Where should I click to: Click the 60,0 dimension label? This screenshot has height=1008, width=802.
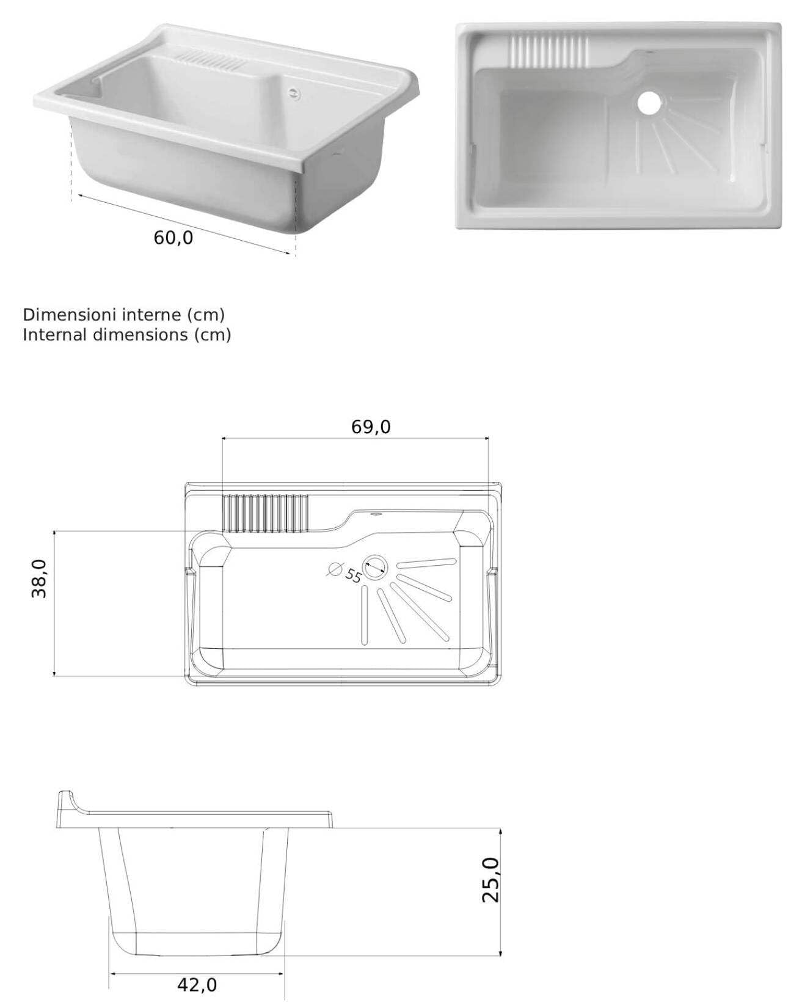tap(173, 238)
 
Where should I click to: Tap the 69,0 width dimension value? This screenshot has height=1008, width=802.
tap(371, 427)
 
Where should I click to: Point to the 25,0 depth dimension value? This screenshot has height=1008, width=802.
tap(490, 880)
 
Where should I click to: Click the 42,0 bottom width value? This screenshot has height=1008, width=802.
tap(197, 985)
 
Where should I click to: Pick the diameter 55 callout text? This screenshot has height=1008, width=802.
tap(353, 575)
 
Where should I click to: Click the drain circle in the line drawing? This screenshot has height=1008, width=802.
tap(375, 566)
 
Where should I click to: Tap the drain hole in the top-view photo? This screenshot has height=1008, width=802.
tap(650, 103)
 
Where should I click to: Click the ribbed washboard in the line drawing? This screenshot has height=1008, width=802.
tap(266, 513)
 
